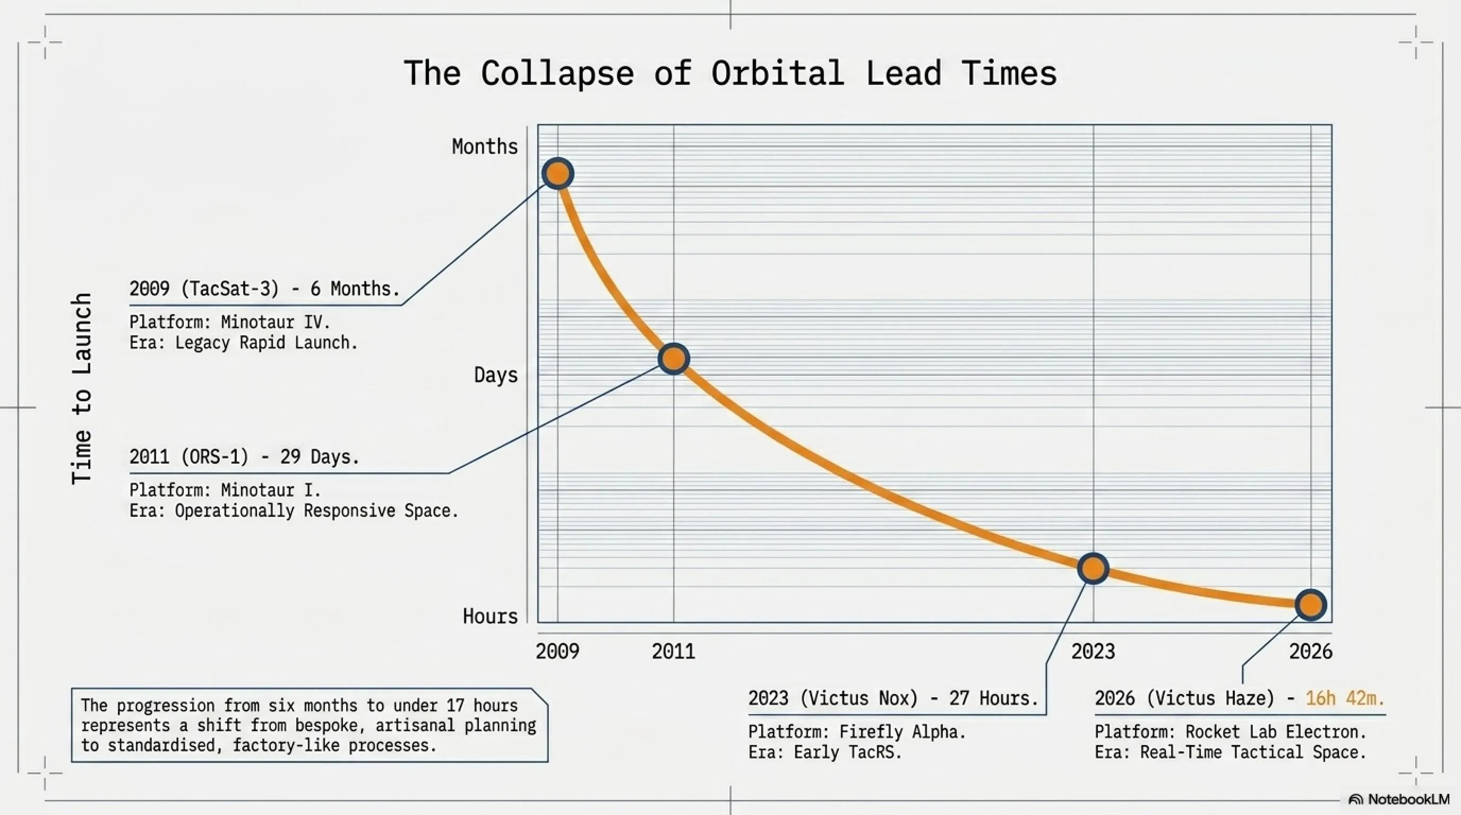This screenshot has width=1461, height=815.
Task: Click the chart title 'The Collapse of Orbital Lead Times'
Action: [x=730, y=74]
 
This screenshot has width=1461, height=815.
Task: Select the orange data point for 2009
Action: [x=557, y=174]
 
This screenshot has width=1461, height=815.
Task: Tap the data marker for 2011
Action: [x=674, y=359]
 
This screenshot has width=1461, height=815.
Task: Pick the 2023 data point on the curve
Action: [x=1093, y=568]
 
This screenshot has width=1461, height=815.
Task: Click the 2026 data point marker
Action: [x=1311, y=605]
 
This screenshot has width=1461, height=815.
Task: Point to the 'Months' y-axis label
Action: [x=485, y=147]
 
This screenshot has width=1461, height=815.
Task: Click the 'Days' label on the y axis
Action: [x=496, y=375]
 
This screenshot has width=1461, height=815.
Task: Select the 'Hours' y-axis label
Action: [x=490, y=616]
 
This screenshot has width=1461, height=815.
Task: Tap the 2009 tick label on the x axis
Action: [x=557, y=652]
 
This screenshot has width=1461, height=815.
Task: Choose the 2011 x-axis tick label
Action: [x=673, y=652]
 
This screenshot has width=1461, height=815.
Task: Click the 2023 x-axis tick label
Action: [x=1093, y=652]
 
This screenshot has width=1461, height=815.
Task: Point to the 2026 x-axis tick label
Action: [x=1311, y=652]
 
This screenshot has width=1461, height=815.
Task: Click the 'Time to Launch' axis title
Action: [x=82, y=389]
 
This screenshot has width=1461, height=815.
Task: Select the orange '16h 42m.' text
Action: [x=1345, y=698]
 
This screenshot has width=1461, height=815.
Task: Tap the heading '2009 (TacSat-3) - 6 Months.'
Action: [x=265, y=289]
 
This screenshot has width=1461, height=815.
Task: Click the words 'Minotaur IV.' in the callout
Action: [x=276, y=323]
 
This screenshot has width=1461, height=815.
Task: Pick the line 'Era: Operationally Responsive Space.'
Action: [x=294, y=510]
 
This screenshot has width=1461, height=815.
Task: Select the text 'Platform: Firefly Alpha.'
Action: [x=857, y=732]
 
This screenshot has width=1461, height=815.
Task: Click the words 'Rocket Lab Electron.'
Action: [x=1276, y=732]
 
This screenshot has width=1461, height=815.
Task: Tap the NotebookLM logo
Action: [x=1398, y=799]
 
